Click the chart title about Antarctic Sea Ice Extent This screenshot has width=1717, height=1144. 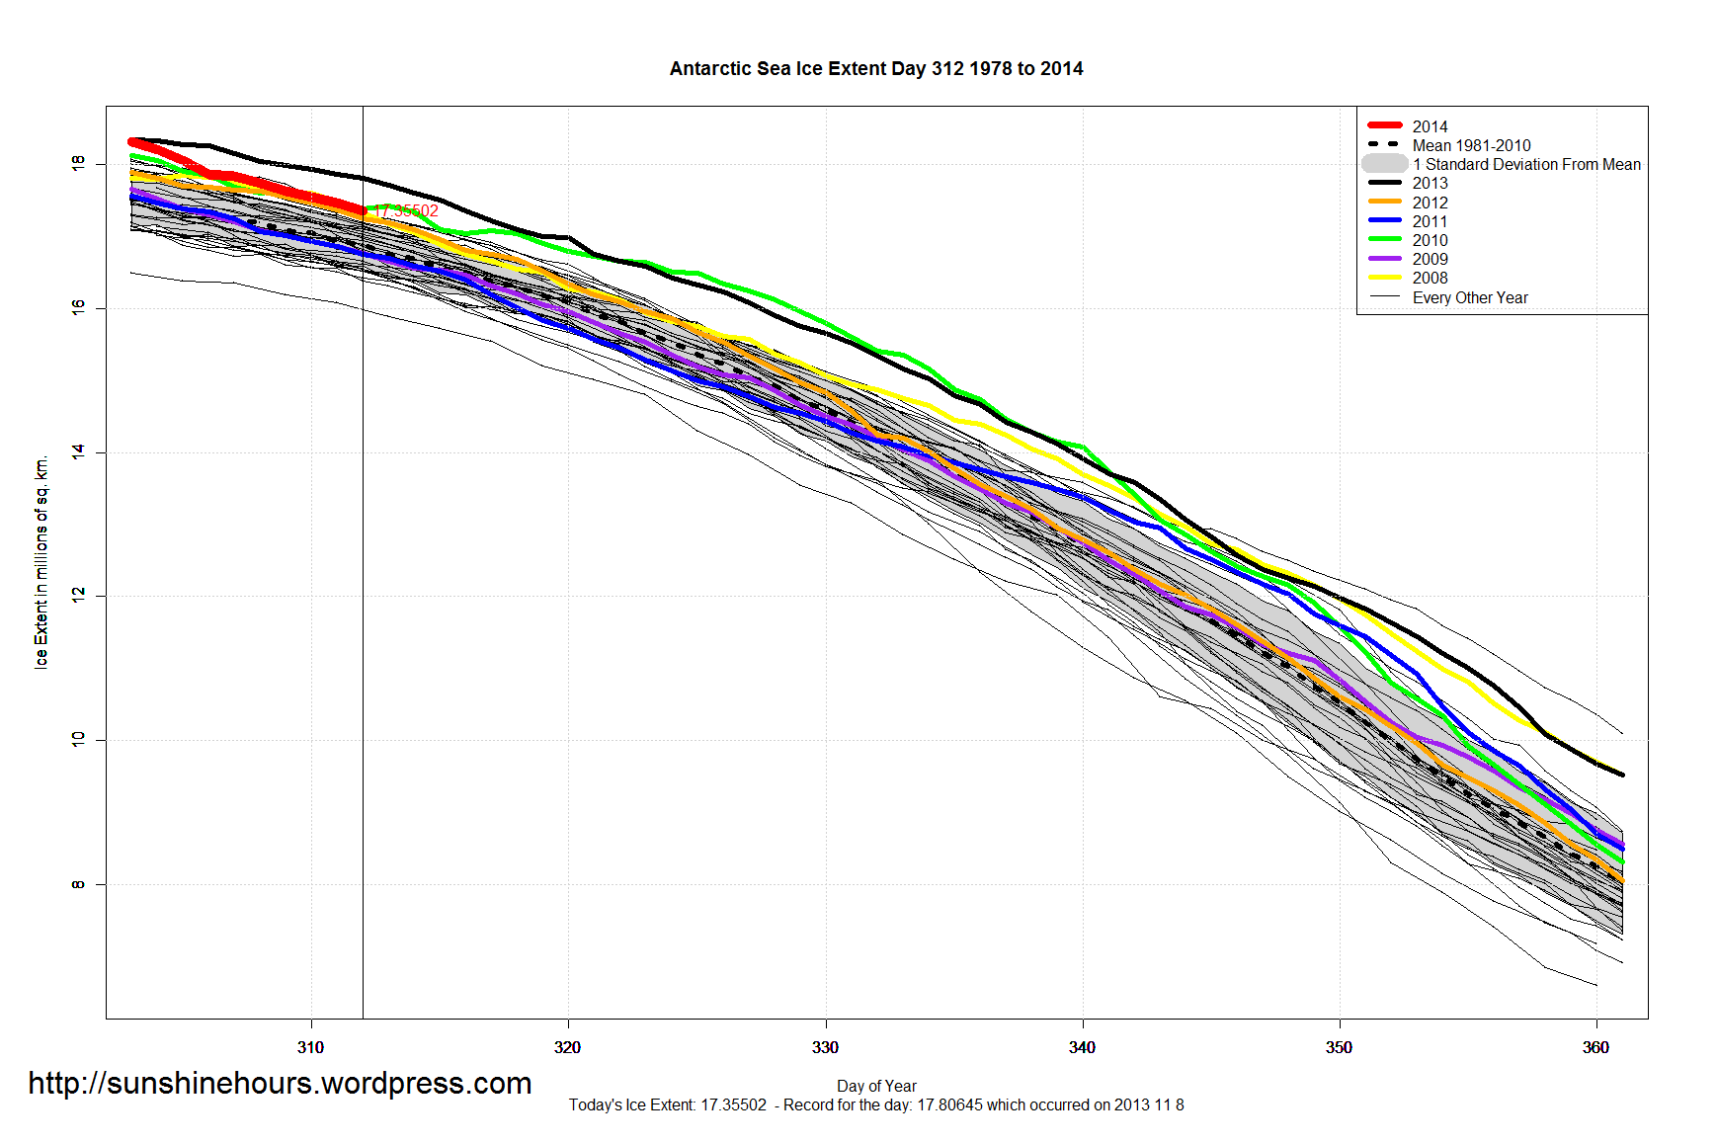coord(875,69)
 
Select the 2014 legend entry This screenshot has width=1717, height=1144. coord(1429,126)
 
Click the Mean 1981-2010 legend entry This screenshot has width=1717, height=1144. coord(1470,145)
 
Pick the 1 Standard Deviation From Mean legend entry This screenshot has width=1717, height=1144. coord(1525,164)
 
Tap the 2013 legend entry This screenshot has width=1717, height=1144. coord(1429,183)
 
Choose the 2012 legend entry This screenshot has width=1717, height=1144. coord(1429,203)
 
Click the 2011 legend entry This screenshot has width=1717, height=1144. coord(1429,221)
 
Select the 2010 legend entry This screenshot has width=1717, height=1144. coord(1429,240)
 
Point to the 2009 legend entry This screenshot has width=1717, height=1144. coord(1429,259)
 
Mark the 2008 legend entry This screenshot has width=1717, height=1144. coord(1429,278)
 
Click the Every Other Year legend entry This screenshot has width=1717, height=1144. coord(1469,297)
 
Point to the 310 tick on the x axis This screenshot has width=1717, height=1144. coord(310,1047)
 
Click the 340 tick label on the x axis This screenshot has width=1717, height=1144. coord(1082,1047)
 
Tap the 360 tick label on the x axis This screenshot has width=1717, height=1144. coord(1595,1047)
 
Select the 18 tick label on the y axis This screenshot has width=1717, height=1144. coord(78,163)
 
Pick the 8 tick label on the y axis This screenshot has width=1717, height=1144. coord(78,884)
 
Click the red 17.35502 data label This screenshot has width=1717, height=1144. coord(405,210)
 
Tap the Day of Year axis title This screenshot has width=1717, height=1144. coord(876,1086)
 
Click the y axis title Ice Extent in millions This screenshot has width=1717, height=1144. coord(41,562)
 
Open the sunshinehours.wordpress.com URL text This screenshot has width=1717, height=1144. coord(280,1084)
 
